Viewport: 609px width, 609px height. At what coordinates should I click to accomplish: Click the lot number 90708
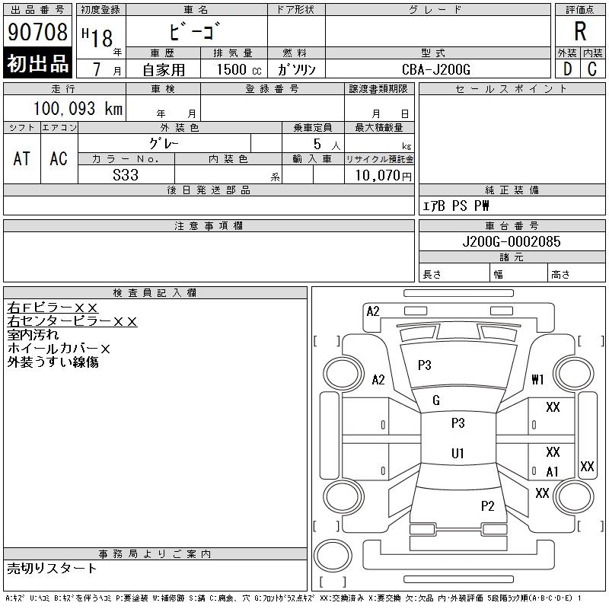37,32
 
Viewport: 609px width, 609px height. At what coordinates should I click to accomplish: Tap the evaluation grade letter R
580,32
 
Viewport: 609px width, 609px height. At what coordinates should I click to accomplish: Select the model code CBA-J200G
436,69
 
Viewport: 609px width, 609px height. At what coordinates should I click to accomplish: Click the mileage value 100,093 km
78,109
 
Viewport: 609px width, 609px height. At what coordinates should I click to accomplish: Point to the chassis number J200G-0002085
512,241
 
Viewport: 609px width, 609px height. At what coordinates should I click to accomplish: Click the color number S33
125,175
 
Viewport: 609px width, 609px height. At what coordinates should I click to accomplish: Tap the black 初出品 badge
37,64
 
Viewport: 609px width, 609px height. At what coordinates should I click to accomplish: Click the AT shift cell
22,158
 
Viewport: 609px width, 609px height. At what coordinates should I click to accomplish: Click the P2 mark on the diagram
488,505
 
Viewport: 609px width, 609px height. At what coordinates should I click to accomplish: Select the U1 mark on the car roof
458,454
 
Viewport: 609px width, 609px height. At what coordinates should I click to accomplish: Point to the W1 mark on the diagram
538,379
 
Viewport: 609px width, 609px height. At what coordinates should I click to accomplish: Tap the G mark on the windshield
436,400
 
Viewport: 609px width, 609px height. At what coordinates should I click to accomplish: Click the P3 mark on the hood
425,365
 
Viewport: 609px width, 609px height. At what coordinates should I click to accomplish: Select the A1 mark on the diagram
553,472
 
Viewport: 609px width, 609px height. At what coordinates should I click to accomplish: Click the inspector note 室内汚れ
33,335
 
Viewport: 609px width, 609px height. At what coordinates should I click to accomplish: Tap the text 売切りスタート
53,568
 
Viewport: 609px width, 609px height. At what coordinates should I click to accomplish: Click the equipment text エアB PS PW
456,206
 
